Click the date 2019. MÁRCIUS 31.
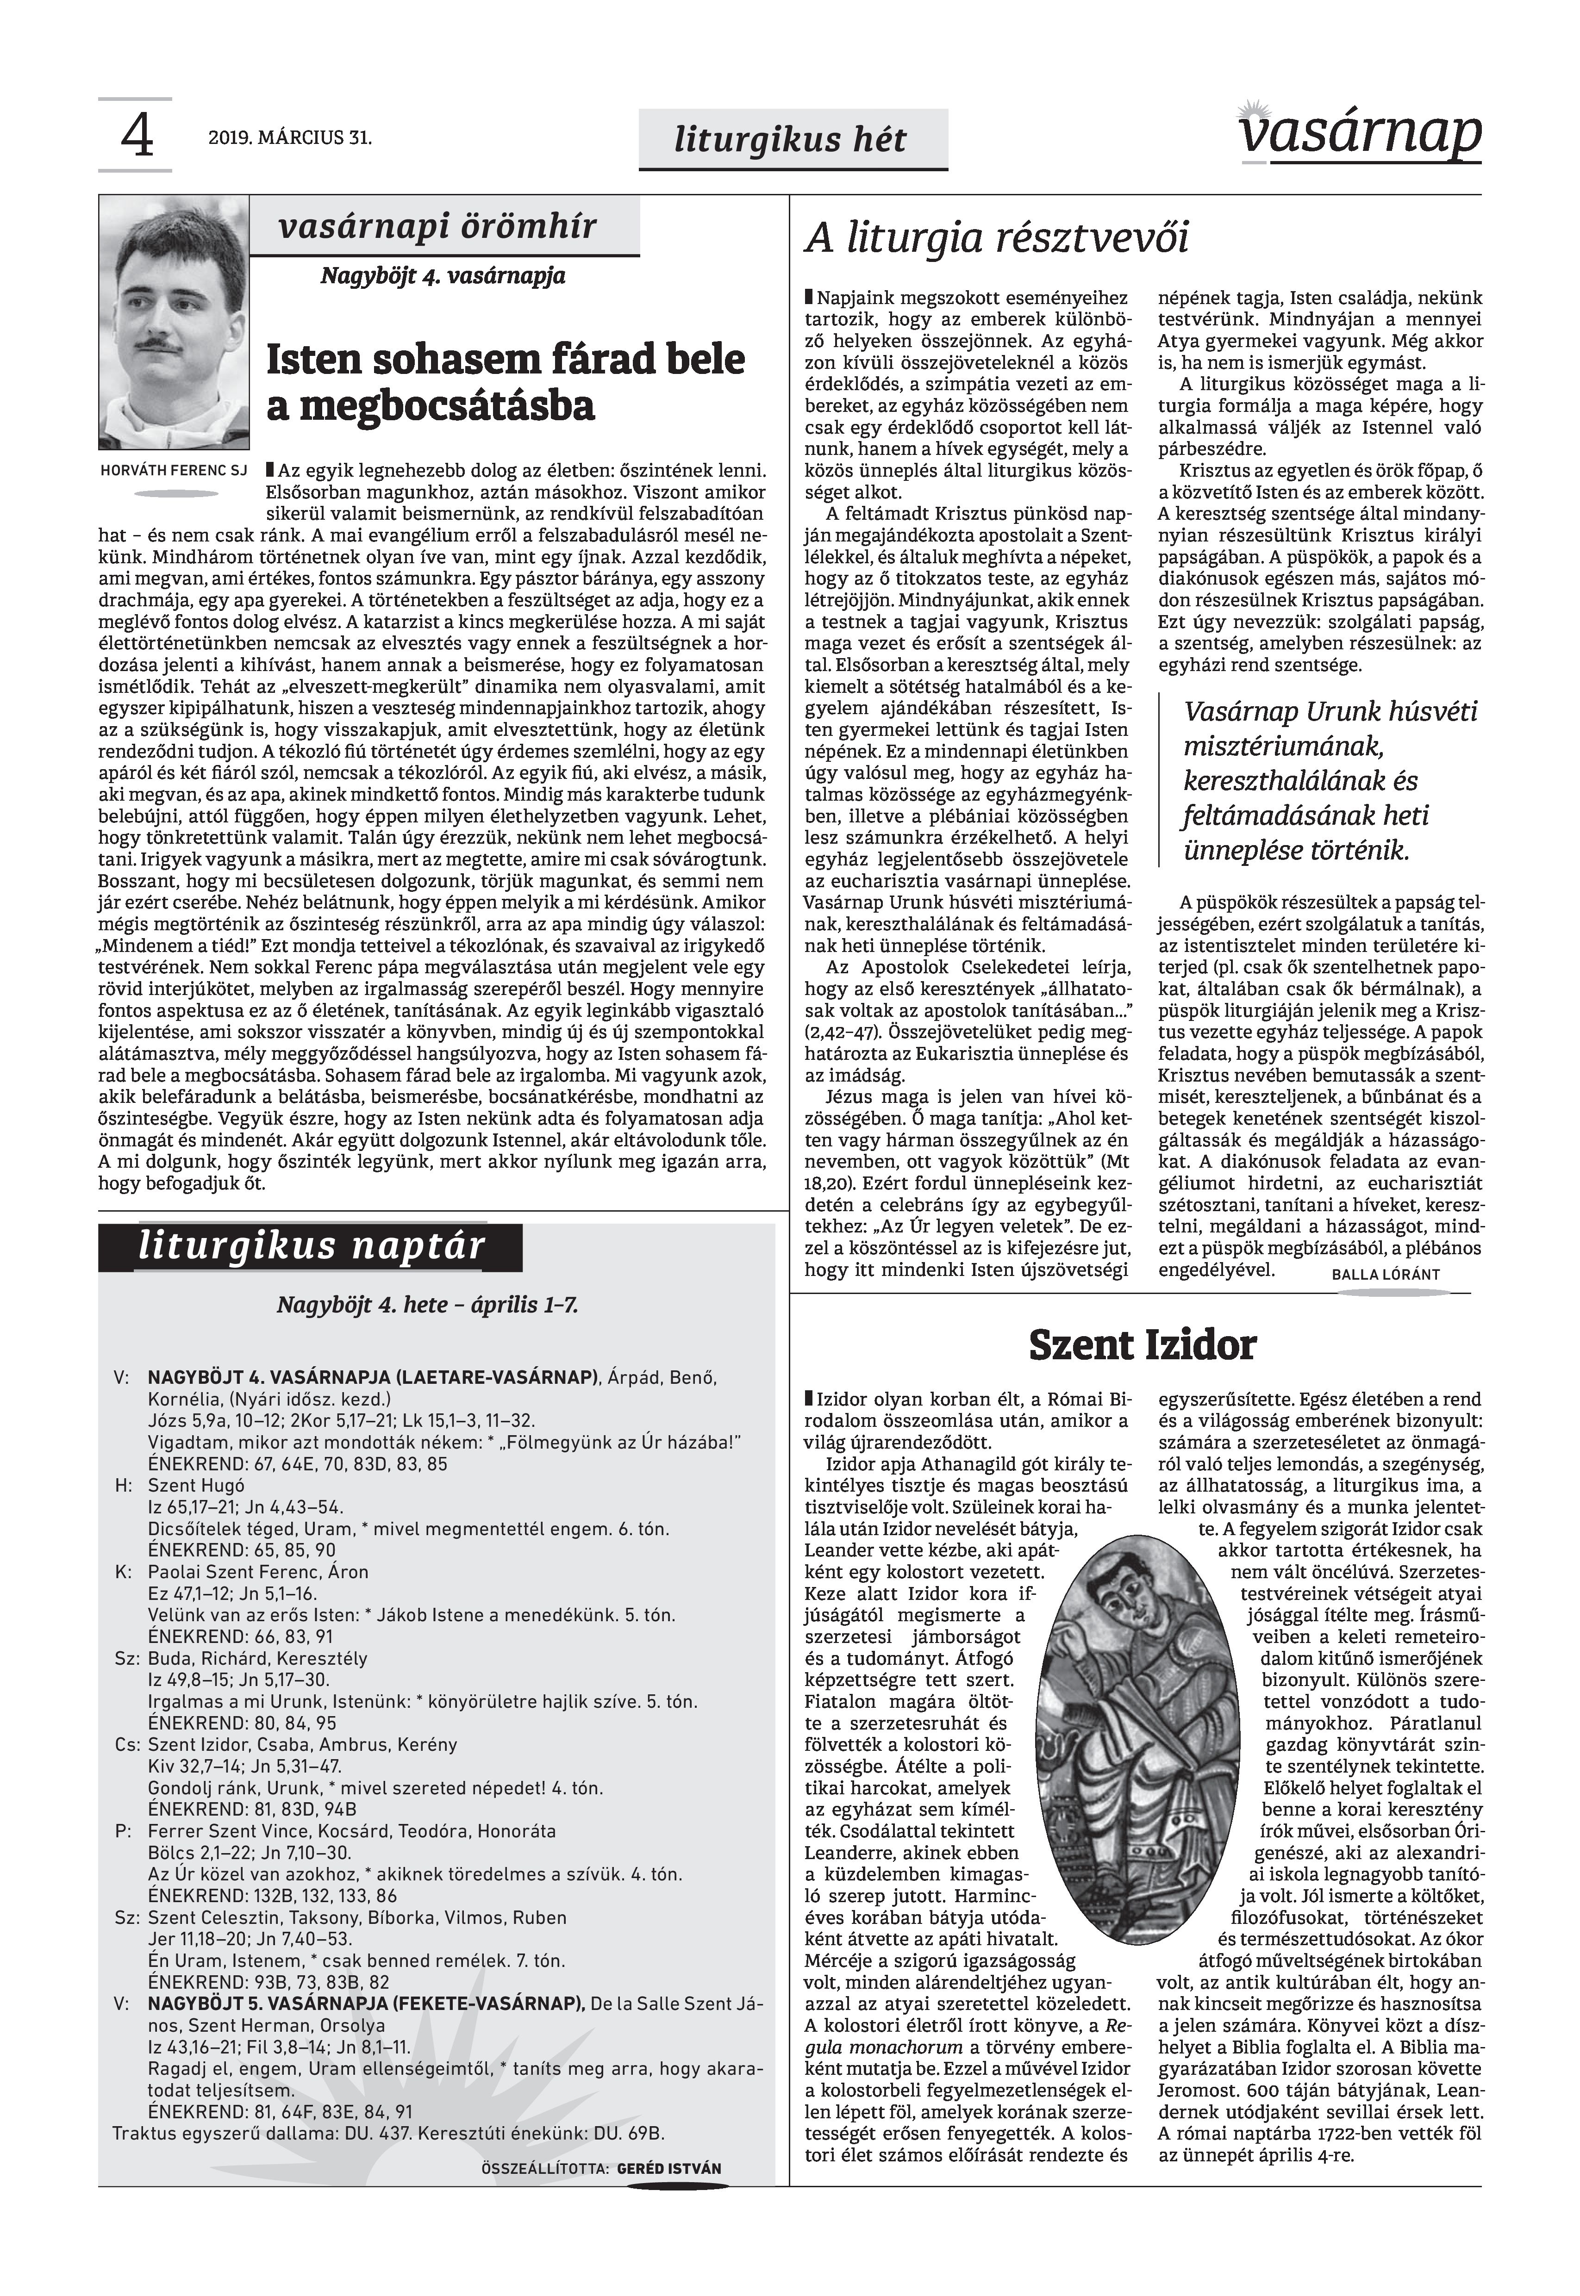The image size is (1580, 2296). (x=290, y=138)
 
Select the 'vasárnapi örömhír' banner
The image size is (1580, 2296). (x=437, y=227)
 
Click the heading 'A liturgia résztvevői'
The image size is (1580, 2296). (x=997, y=238)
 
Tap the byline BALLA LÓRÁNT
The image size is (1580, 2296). (x=1385, y=1275)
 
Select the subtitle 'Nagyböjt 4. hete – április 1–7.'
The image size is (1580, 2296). (x=428, y=1305)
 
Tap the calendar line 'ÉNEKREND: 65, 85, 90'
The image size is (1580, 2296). (x=242, y=1551)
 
